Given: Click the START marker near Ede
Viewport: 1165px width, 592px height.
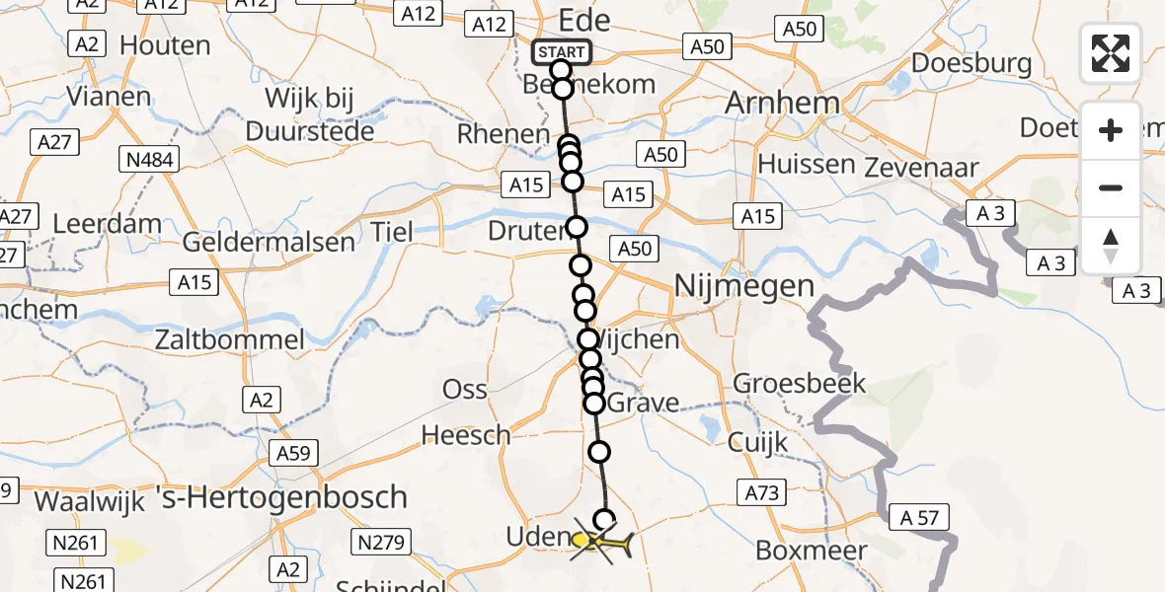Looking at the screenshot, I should point(562,51).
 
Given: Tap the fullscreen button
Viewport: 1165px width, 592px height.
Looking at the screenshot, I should point(1111,52).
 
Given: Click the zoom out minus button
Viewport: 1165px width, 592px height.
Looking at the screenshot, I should point(1111,187).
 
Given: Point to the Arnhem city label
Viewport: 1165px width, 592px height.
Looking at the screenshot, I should point(782,103).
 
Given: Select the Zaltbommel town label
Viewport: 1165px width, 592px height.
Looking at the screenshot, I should point(229,341).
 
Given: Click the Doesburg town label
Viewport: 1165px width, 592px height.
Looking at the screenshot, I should point(972,64).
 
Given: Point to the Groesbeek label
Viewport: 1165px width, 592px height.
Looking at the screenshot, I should point(800,383).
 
